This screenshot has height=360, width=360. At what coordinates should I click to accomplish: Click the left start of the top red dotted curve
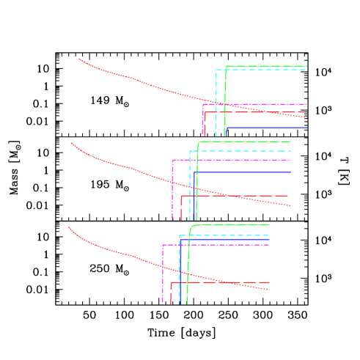[x=80, y=59]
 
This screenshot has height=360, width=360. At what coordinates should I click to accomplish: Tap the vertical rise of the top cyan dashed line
[x=216, y=103]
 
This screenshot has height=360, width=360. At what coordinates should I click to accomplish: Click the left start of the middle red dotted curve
[x=71, y=143]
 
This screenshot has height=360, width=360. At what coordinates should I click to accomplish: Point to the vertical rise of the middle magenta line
[x=172, y=191]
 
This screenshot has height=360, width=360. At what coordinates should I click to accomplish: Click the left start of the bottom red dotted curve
[x=70, y=227]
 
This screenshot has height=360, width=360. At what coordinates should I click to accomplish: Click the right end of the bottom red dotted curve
[x=270, y=290]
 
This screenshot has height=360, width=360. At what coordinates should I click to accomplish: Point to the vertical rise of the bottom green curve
[x=188, y=264]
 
